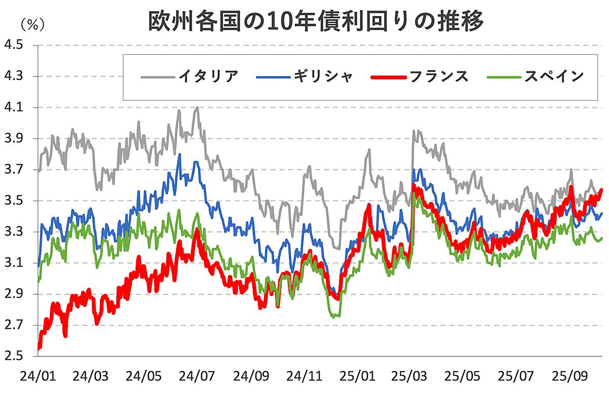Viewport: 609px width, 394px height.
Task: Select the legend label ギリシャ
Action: click(x=323, y=77)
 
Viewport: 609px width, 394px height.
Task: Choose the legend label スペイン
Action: click(x=554, y=77)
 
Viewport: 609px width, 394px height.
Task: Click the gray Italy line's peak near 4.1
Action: click(x=196, y=108)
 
